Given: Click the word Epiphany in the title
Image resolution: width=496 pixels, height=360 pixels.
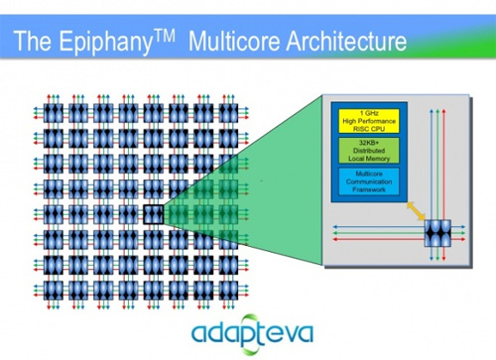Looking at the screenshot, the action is tap(106, 42).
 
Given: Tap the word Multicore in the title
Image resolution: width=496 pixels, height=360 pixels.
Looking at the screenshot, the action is tap(234, 41).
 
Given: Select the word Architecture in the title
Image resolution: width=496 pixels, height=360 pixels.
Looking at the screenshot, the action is tap(346, 41).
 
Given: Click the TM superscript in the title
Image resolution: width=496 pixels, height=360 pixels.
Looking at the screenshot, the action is tap(164, 36).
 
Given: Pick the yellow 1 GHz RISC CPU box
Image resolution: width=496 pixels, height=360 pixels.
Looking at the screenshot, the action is tap(369, 121).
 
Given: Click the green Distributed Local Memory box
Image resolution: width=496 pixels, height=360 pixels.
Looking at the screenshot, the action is tap(369, 151).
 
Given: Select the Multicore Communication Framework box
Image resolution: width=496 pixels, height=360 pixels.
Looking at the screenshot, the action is tap(369, 181).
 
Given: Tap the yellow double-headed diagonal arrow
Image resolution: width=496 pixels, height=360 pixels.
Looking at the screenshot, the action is tap(416, 211).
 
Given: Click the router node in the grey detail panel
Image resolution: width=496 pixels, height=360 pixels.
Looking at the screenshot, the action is tap(437, 233).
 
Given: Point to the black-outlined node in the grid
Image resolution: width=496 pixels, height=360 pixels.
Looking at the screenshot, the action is tap(154, 214).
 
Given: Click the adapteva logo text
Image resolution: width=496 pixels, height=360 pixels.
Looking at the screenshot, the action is tap(252, 333).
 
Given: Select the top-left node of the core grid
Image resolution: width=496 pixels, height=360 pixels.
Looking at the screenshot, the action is tap(53, 113).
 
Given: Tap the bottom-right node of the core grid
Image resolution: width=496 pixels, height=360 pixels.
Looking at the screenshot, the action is tap(228, 291).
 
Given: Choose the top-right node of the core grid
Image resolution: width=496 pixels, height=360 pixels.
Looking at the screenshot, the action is tap(228, 113).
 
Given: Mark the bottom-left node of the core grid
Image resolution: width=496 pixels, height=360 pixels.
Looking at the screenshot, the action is tap(53, 291).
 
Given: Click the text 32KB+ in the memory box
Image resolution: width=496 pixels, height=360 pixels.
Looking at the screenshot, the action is tap(369, 143).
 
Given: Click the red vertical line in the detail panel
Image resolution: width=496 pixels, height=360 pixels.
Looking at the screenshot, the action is tap(444, 185).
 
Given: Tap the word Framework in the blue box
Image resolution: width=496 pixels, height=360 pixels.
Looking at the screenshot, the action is tap(369, 189).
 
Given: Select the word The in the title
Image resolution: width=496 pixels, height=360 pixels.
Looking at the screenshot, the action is tap(33, 41).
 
